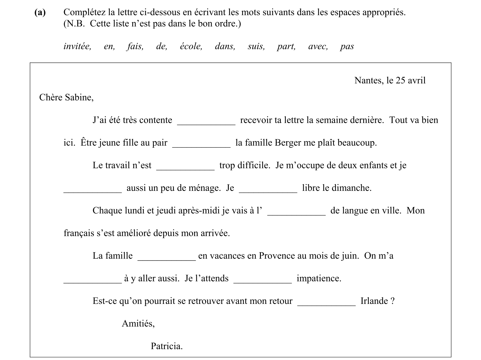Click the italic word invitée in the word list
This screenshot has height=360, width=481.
click(77, 46)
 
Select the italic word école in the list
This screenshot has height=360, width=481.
click(191, 46)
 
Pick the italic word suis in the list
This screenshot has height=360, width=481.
click(256, 46)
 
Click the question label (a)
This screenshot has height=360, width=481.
click(40, 12)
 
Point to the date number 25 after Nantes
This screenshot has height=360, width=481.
click(400, 80)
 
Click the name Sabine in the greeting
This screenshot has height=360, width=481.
click(79, 98)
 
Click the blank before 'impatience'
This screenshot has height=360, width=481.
click(262, 280)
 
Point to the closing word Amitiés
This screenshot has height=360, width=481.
click(138, 324)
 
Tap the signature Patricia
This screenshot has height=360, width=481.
click(167, 346)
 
